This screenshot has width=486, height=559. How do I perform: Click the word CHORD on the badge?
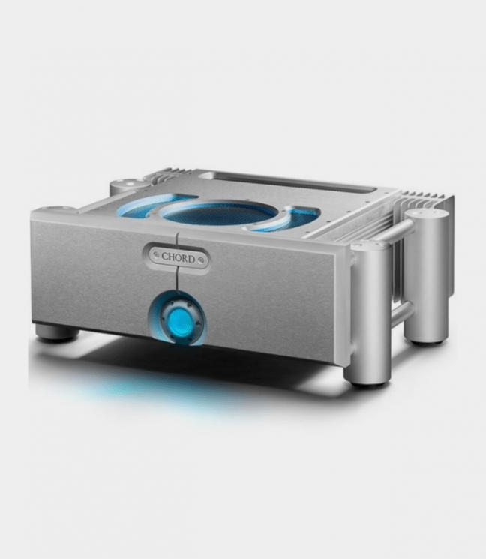178,257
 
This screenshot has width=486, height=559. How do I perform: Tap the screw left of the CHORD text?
155,254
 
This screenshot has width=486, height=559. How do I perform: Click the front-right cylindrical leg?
368,314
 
